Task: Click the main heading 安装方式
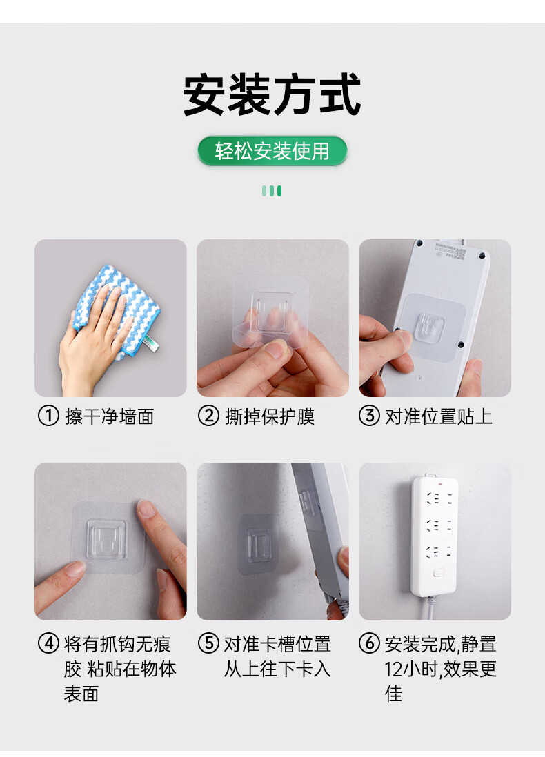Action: tap(272, 94)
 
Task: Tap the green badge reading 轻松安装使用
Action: tap(272, 151)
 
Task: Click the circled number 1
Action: tap(48, 416)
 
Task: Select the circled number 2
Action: tap(208, 416)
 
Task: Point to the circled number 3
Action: tap(369, 416)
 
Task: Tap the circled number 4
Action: tap(48, 643)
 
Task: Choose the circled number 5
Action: tap(208, 643)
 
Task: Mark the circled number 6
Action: tap(369, 643)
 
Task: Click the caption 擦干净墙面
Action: tap(110, 416)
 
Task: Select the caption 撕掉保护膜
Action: tap(270, 416)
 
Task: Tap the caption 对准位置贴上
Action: tap(439, 416)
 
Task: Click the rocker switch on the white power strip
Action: tap(439, 573)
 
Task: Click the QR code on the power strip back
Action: tap(459, 253)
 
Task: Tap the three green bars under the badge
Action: tap(272, 191)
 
